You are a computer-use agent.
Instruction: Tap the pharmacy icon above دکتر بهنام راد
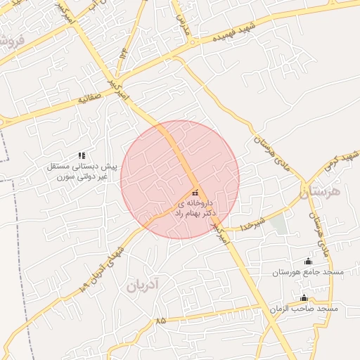(195, 193)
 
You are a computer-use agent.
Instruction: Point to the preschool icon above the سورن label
(82, 155)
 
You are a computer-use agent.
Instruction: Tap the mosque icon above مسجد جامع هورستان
(307, 262)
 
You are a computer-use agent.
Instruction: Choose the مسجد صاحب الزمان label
(304, 309)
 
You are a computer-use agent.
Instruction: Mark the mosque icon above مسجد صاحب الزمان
(304, 298)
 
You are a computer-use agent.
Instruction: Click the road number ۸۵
(161, 320)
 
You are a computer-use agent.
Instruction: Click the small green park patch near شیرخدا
(279, 225)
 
